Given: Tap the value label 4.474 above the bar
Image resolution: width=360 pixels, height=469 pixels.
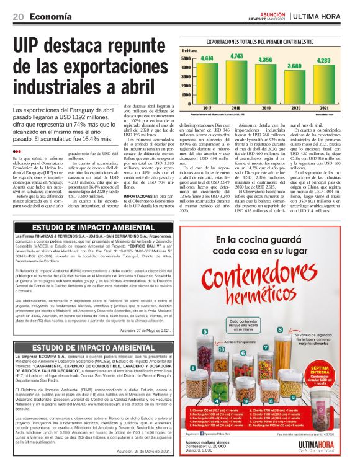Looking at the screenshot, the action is point(207,58).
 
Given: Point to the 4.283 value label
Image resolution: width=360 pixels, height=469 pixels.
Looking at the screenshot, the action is point(323,60).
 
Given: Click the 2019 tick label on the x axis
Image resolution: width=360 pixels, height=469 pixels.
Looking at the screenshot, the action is point(265,107).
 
